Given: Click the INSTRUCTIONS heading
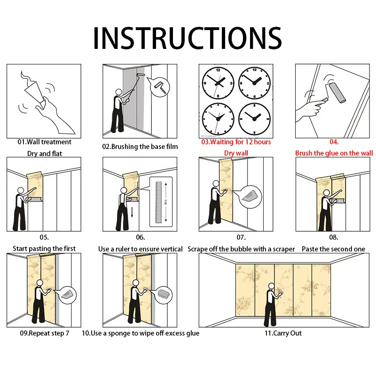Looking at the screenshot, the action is point(187,38).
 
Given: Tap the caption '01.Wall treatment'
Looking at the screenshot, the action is point(44,142).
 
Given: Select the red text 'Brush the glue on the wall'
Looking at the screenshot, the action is point(334,153).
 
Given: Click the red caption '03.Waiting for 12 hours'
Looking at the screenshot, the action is point(236,142).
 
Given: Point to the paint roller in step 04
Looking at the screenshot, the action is point(335,93).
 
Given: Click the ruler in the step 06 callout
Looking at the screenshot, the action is point(158,202).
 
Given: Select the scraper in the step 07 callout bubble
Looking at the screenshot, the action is point(250,196).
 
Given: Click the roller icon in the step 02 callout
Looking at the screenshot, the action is point(160,87).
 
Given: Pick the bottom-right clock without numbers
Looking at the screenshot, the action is point(254,119).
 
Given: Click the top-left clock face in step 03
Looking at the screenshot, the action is point(218,83).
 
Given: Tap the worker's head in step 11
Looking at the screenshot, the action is point(272,286).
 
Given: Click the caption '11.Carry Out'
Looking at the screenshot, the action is point(283,333).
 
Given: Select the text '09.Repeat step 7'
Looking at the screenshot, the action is point(45,333).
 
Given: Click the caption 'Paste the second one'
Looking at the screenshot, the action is point(333,249).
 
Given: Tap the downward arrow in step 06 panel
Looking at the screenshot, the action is point(132,212).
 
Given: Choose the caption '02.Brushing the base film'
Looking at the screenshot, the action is point(140,147).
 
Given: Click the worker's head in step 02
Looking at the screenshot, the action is point(119,92).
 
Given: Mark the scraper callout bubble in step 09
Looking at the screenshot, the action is point(68,295).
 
